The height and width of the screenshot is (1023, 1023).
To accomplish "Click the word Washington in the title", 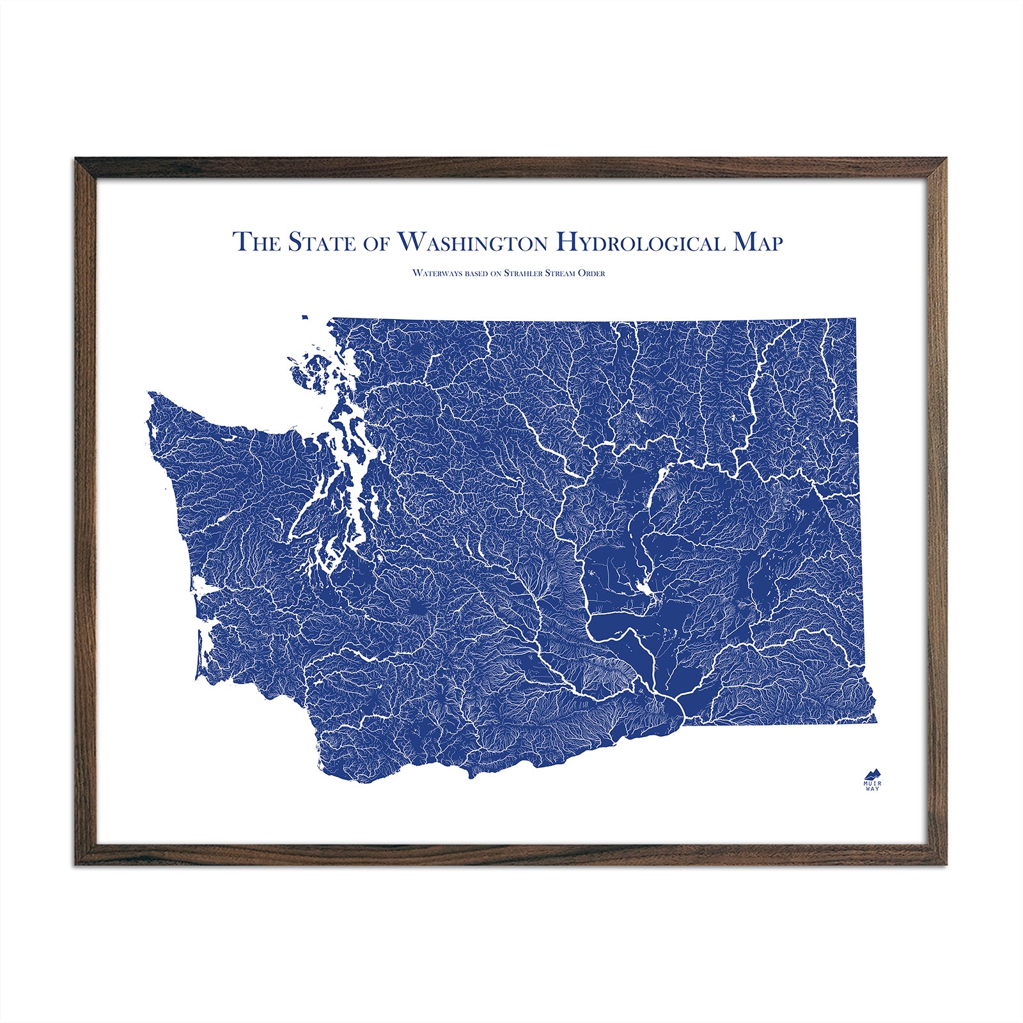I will pos(472,242).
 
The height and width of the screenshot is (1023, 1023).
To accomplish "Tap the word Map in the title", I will pos(757,242).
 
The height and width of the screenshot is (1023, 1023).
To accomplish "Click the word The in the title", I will pos(255,242).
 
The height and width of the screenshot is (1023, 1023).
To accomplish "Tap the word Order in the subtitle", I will pos(591,273).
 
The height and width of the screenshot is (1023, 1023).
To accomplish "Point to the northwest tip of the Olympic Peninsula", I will pos(151,394).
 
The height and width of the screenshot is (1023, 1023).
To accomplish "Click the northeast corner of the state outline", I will pos(855,318).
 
